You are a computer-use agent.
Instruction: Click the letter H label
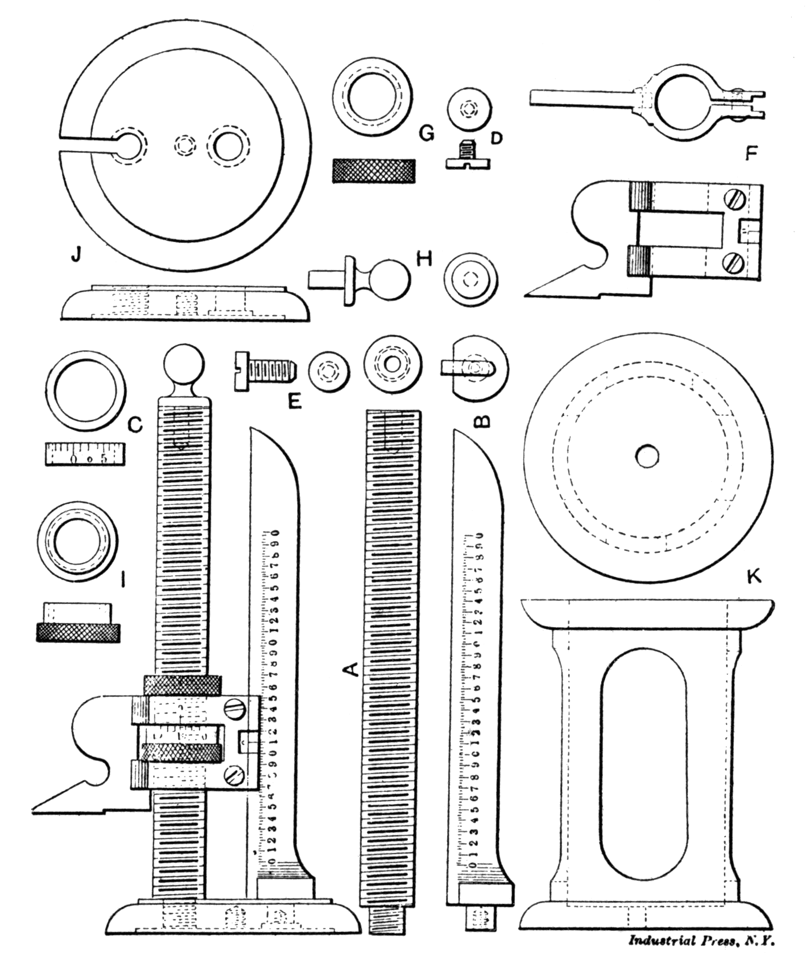[x=424, y=259]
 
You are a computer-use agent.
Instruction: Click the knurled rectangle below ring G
[x=374, y=171]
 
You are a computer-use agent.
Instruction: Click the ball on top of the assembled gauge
[x=183, y=363]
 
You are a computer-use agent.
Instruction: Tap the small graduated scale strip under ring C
[x=86, y=454]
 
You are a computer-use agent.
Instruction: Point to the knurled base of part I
[x=78, y=633]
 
